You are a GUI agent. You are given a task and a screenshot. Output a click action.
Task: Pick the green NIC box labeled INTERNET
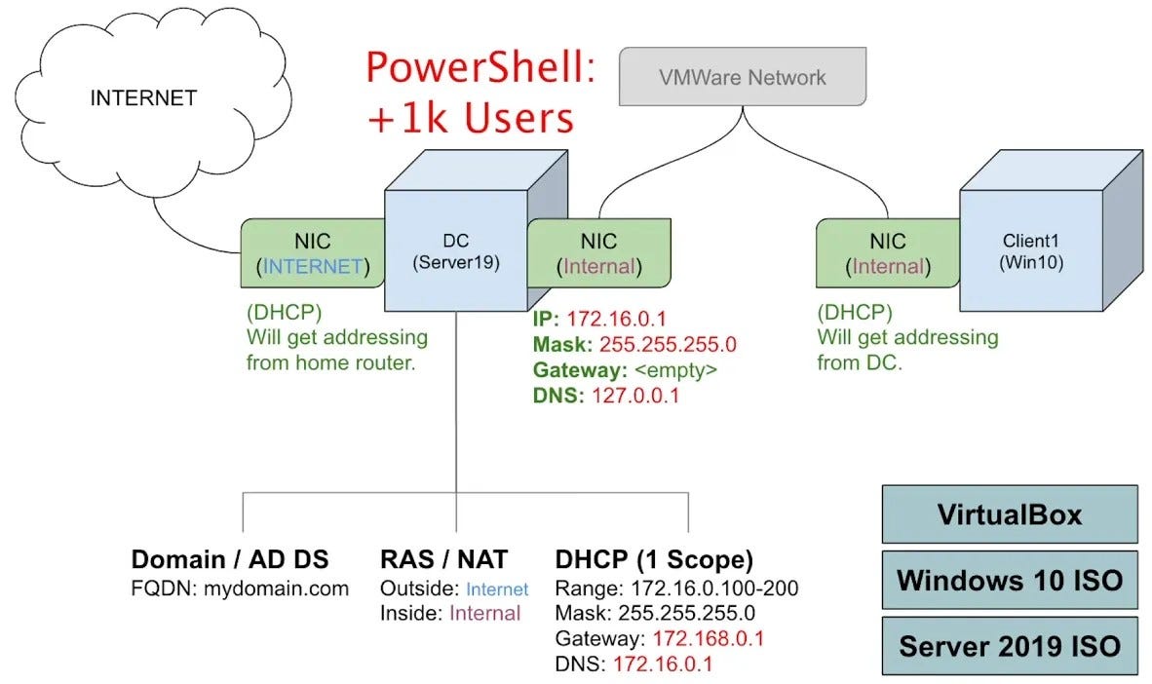pyautogui.click(x=313, y=253)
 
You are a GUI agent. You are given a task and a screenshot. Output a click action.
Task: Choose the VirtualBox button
pyautogui.click(x=1009, y=513)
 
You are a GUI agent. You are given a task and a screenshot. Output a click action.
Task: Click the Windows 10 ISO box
pyautogui.click(x=1009, y=581)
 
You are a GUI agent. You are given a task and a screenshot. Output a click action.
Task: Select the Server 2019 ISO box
pyautogui.click(x=1009, y=646)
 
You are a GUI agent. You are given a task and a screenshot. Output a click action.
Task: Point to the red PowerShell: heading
pyautogui.click(x=480, y=70)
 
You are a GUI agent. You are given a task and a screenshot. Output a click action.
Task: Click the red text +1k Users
pyautogui.click(x=470, y=119)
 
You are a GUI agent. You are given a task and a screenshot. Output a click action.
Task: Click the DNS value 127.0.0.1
pyautogui.click(x=635, y=396)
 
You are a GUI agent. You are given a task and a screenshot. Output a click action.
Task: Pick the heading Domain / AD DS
pyautogui.click(x=230, y=559)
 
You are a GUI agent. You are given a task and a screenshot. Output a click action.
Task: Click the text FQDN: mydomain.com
pyautogui.click(x=240, y=589)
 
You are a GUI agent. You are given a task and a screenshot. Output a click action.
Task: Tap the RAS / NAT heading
pyautogui.click(x=443, y=559)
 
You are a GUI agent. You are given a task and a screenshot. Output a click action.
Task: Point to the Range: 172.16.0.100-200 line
pyautogui.click(x=676, y=589)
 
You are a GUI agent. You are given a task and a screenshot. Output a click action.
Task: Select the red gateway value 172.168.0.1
pyautogui.click(x=708, y=639)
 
